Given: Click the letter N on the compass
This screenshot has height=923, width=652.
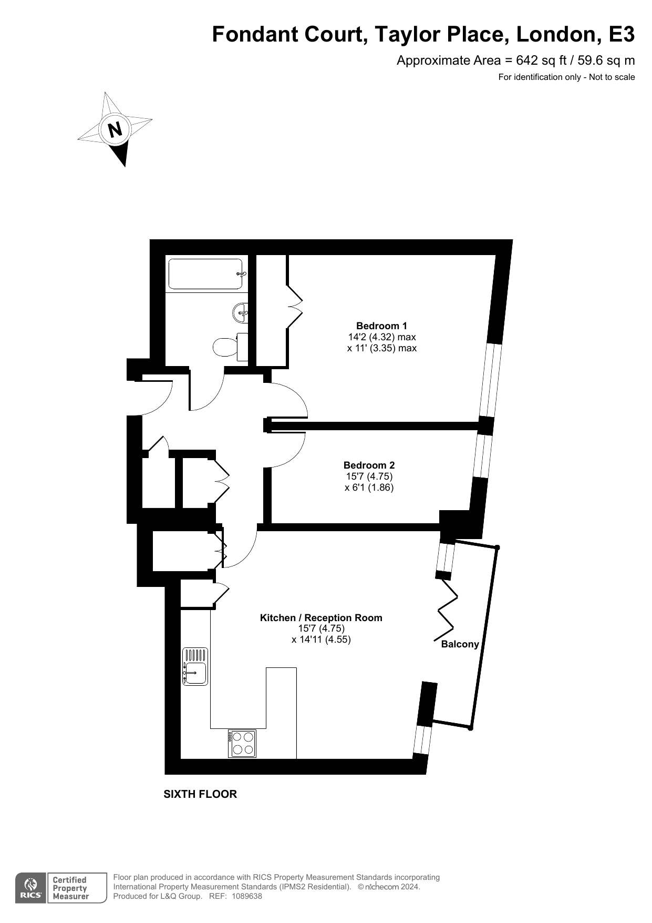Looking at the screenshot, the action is [x=115, y=129].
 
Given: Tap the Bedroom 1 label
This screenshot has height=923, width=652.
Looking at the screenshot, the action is [x=381, y=326].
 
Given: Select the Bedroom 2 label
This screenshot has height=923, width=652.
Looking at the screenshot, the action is [x=369, y=465].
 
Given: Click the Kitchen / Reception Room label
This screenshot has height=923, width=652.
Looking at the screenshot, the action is [x=321, y=617].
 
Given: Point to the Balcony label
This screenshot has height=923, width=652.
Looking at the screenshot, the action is [x=460, y=644].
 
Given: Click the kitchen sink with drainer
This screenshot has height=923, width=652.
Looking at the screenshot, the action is [x=195, y=666].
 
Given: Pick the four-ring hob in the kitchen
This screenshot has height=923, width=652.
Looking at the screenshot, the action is [x=242, y=744].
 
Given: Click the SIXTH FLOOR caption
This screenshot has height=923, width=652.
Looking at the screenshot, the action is [x=200, y=794].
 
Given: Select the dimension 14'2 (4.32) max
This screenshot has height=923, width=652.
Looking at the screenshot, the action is [x=382, y=337].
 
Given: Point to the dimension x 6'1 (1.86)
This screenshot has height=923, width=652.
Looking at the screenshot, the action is [x=369, y=488].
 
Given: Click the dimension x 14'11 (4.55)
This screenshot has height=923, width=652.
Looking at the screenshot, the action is [x=321, y=640].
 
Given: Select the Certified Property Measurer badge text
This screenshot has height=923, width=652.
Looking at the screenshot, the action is [x=70, y=888].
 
